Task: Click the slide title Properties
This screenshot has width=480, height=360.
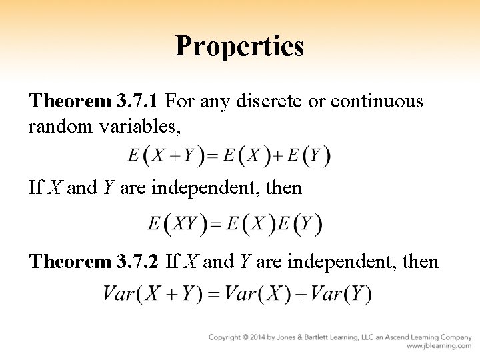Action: click(x=239, y=46)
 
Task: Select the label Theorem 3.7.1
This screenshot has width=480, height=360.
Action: click(x=94, y=102)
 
